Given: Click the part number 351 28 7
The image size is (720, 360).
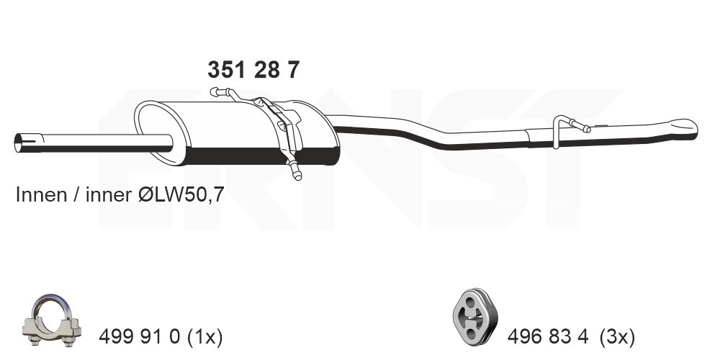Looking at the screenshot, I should (253, 71).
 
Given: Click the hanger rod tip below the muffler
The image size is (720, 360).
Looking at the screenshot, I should (295, 173).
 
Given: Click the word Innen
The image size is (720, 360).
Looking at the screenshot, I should (35, 196).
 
